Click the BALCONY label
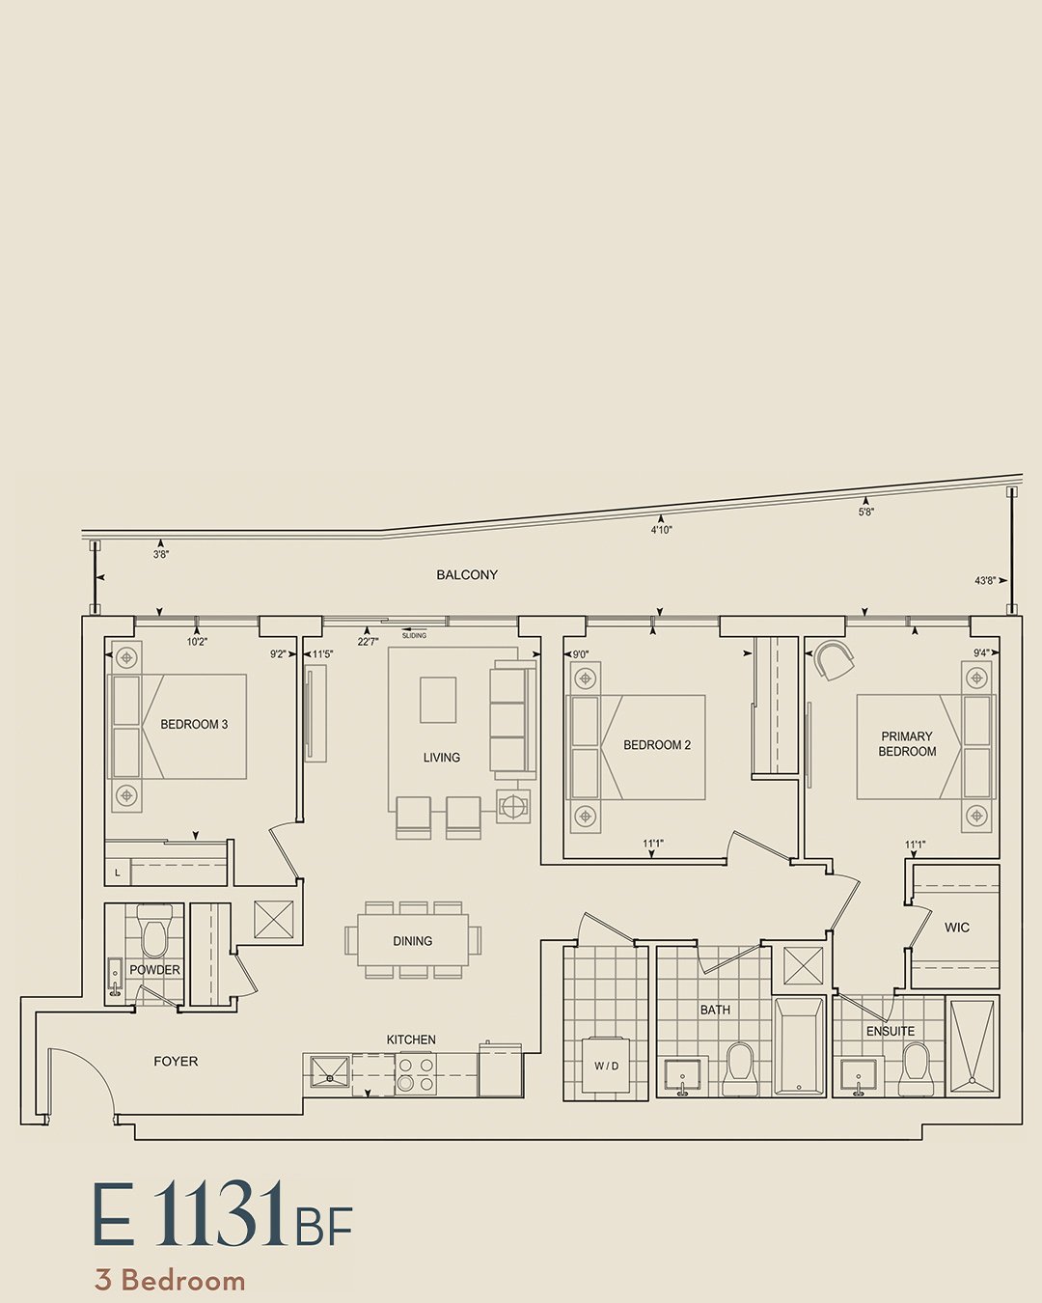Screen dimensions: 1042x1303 467,574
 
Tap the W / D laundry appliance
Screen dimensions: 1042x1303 606,1066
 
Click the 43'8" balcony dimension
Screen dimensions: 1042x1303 985,581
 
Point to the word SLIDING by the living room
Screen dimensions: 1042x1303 414,636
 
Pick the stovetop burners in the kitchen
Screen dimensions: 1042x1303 416,1073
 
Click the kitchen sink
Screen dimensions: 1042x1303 329,1072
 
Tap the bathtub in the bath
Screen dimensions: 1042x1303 799,1045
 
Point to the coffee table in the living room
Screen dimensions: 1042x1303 438,700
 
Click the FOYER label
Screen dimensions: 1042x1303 176,1062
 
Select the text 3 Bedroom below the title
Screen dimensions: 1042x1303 170,1281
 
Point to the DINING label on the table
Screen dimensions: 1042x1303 412,941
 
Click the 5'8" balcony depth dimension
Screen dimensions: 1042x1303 865,512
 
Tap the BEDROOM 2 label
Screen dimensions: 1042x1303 657,745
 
